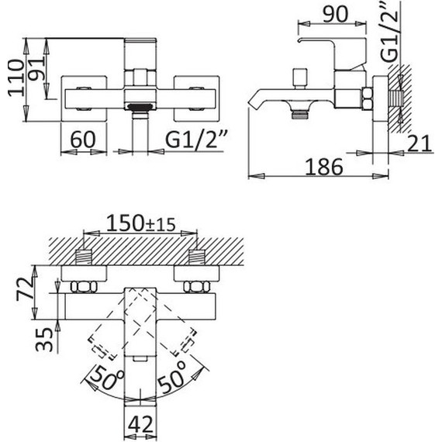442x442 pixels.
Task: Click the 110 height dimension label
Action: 16,78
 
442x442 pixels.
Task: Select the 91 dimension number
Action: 36,68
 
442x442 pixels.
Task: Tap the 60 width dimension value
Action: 83,140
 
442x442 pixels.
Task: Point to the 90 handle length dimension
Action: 336,14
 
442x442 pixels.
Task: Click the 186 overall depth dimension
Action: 324,167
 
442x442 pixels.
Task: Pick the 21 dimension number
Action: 420,143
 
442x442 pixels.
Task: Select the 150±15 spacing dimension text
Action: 141,223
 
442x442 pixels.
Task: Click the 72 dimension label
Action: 25,289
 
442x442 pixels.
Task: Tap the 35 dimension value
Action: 44,340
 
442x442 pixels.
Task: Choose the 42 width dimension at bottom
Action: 140,424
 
